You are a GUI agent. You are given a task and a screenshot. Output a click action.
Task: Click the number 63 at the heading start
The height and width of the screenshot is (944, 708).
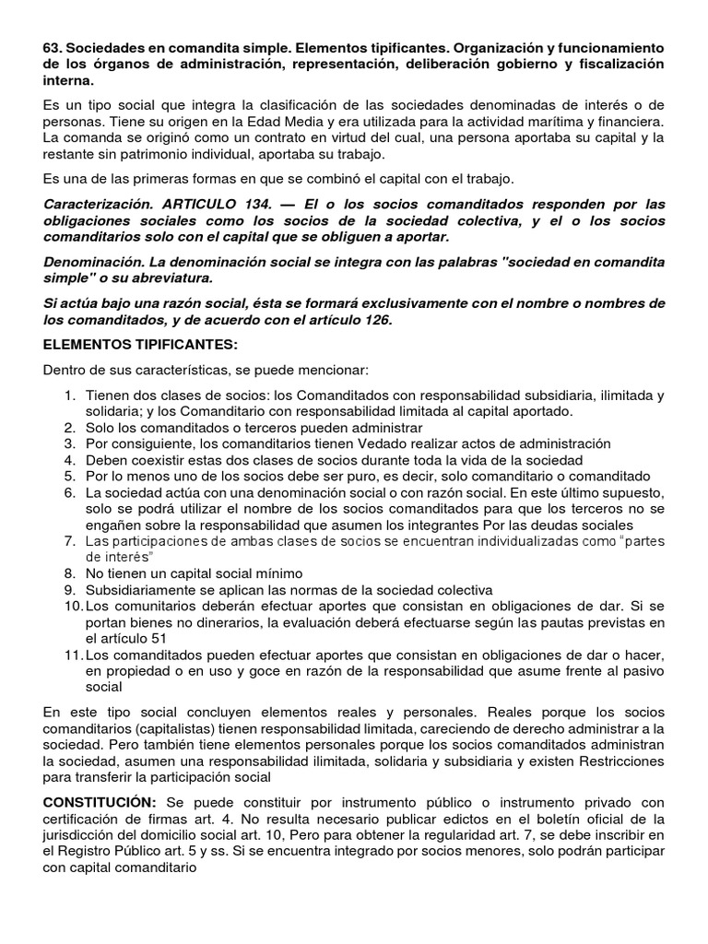pyautogui.click(x=52, y=47)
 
